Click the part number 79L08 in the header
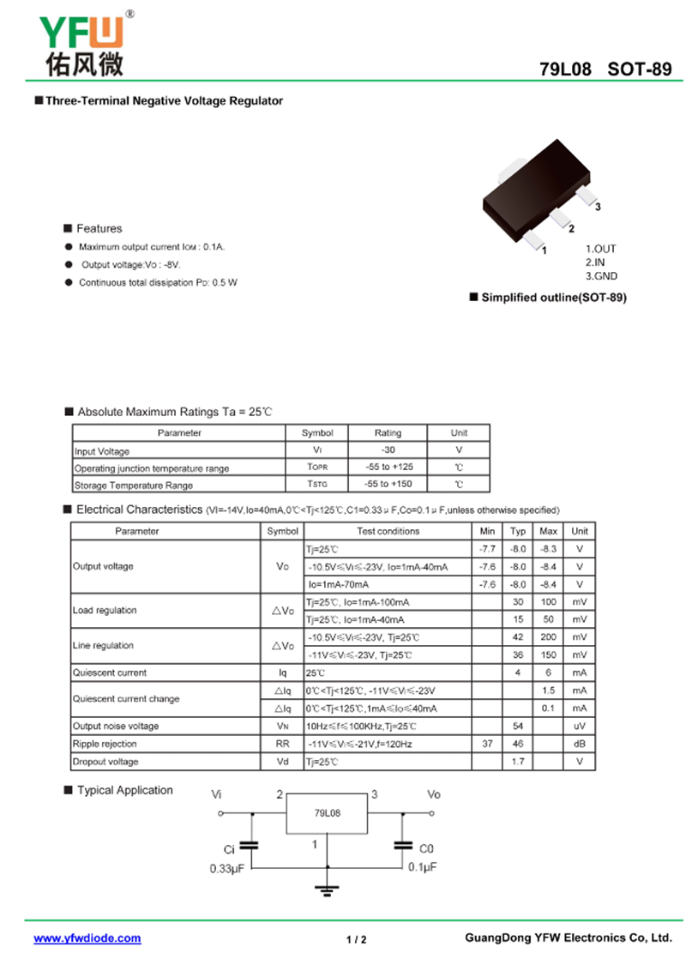pos(565,70)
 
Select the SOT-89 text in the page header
pos(640,70)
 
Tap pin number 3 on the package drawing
pos(598,208)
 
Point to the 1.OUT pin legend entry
pos(600,249)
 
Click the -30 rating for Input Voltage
pos(388,450)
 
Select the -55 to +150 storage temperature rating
pos(388,486)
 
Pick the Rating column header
pos(388,433)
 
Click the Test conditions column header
pos(388,532)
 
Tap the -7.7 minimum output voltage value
pos(487,549)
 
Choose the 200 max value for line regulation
pos(549,637)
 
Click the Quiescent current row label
pos(110,673)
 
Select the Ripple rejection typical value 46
pos(518,745)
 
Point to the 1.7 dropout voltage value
pos(518,762)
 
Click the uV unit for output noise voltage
pos(580,727)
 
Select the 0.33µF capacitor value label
pos(228,868)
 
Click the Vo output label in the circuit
pos(434,794)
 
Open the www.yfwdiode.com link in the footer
pos(87,938)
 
